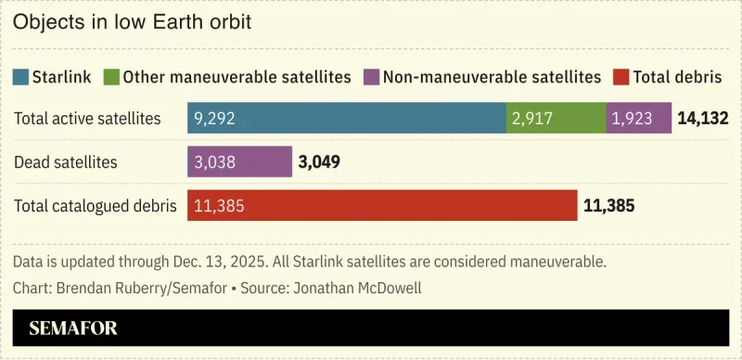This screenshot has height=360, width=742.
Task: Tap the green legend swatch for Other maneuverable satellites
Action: (x=111, y=77)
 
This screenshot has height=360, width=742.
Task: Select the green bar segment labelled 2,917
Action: (x=556, y=118)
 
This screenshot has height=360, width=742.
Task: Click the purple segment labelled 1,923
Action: (x=638, y=118)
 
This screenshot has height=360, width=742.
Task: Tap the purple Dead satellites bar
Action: (x=239, y=162)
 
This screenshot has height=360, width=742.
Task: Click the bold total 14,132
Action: (x=703, y=119)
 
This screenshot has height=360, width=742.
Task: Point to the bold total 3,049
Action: (x=319, y=162)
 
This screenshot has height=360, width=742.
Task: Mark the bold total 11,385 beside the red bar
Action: (x=608, y=206)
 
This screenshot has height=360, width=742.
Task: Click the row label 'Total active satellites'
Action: (x=87, y=119)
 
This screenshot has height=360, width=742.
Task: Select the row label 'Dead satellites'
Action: (x=66, y=162)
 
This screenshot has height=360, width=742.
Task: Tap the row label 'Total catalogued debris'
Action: (x=95, y=206)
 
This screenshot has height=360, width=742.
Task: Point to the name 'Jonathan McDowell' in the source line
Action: (x=357, y=288)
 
